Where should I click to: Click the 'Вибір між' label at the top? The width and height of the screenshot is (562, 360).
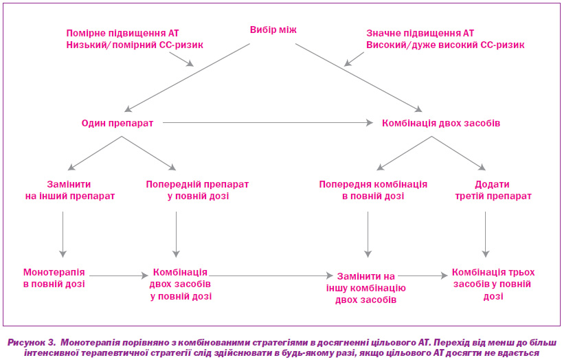pos(273,30)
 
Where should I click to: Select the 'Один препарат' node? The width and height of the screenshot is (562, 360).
pos(117,124)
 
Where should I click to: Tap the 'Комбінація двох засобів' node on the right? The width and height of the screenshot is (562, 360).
pos(441,124)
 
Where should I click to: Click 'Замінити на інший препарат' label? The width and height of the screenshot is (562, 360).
pos(70,190)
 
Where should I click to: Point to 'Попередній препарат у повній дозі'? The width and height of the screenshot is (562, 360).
pos(197,190)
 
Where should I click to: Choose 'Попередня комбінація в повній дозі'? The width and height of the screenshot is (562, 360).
pos(373,190)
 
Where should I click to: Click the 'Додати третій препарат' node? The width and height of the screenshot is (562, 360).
pos(493,190)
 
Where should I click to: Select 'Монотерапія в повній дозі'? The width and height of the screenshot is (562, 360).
pos(54,278)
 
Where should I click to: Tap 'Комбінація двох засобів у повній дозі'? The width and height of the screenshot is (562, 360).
pos(180,284)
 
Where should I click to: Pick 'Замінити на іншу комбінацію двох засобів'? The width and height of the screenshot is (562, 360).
pos(366,288)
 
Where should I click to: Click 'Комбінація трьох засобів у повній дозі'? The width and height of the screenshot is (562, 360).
pos(493,284)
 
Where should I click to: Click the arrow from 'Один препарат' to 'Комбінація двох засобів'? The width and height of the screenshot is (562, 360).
pos(268,123)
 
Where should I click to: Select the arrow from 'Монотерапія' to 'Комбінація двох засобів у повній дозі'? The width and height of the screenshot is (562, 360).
pos(119,275)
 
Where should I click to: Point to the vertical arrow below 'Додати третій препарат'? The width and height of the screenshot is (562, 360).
pos(486,234)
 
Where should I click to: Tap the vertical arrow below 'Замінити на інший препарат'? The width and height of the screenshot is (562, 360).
pos(63,234)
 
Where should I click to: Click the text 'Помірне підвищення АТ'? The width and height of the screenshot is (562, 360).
pos(122,34)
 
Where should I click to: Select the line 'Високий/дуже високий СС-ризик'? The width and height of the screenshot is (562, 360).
pos(445,45)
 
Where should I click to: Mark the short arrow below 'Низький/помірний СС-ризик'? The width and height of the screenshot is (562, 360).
pos(181,59)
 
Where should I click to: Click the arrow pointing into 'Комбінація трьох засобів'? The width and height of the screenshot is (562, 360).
pos(423,275)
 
